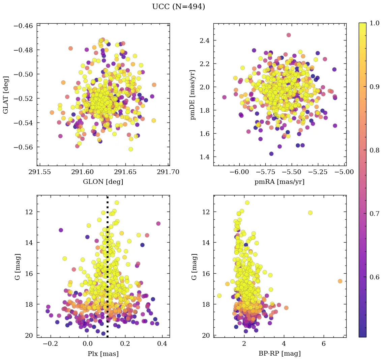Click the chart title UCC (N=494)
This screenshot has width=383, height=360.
pos(178,7)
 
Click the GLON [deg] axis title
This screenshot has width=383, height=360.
pos(103,182)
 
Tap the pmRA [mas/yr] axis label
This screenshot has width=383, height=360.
pos(279,182)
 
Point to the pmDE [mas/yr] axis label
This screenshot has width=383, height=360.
pos(193,95)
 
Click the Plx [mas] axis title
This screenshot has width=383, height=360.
pos(103,354)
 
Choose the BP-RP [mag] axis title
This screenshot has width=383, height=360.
pos(279,354)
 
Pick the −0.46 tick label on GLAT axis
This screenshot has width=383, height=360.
pos(23,26)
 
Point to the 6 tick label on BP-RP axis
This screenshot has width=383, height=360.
pos(324,344)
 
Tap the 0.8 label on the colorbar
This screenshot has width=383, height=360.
pos(374,151)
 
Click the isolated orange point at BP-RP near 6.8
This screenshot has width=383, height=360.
pos(340,281)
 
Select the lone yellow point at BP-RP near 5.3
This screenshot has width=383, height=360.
pos(310,213)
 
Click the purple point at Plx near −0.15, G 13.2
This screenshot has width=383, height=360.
pos(61,230)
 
